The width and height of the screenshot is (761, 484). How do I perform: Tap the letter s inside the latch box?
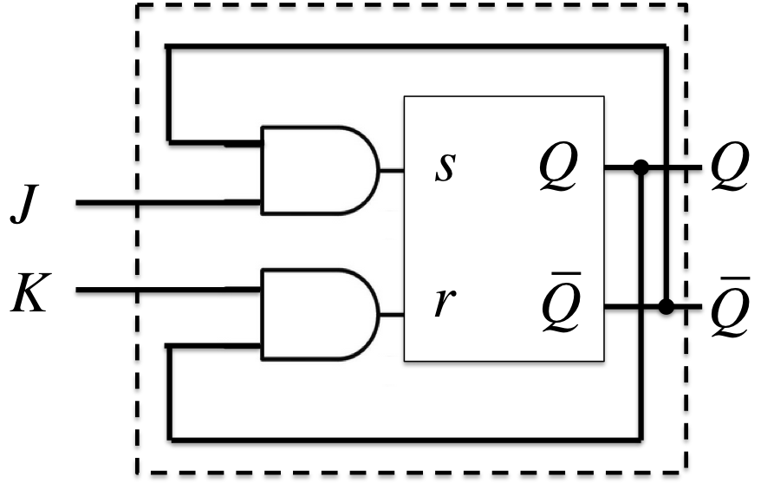point(443,169)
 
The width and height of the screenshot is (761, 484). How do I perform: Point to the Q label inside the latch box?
point(556,170)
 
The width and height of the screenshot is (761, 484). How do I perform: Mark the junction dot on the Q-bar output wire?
point(666,306)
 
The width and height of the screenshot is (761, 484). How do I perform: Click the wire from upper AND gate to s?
point(391,170)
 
